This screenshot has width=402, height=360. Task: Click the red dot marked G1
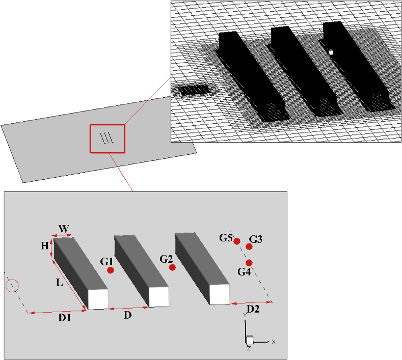tap(111, 271)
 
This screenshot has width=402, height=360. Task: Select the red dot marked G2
tap(172, 267)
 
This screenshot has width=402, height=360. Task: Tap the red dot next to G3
tap(249, 246)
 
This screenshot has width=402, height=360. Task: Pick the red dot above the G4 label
tap(249, 263)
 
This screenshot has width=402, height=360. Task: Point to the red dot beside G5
tap(237, 241)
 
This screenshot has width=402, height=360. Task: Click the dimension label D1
tap(64, 318)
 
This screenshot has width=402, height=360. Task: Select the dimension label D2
tap(254, 310)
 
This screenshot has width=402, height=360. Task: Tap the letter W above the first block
tap(63, 229)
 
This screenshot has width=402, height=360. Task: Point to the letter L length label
tap(60, 283)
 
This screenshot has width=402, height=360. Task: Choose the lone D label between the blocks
tap(128, 316)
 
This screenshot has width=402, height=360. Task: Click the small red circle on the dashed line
tap(12, 286)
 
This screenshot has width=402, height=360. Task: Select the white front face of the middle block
tap(158, 297)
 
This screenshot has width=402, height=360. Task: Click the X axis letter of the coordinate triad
tap(274, 341)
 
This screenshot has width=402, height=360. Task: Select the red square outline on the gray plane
tap(108, 138)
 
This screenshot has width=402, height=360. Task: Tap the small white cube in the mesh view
tap(331, 52)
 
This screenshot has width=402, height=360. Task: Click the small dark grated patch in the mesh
tap(196, 90)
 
